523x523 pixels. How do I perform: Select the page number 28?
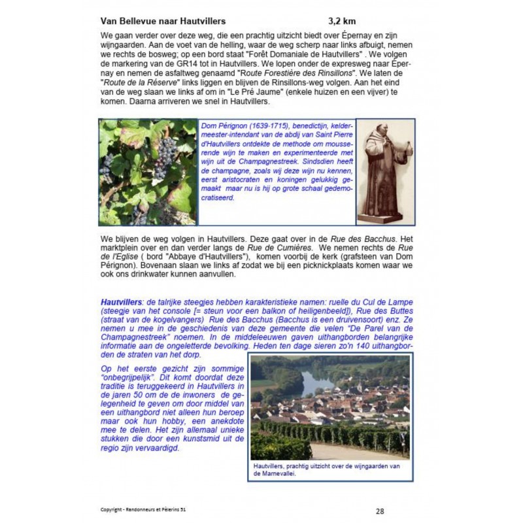pyautogui.click(x=380, y=511)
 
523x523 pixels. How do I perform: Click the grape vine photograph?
pyautogui.click(x=148, y=172)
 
